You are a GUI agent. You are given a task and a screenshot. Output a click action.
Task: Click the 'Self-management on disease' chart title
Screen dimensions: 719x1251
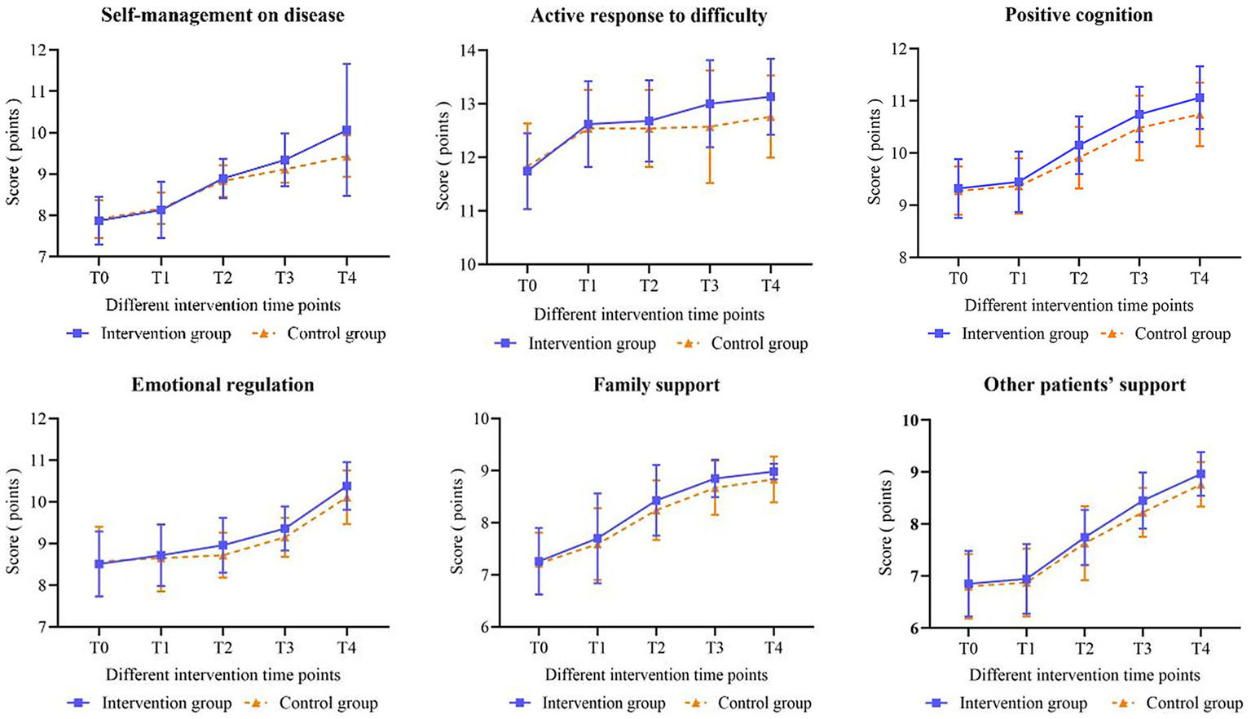[x=222, y=15]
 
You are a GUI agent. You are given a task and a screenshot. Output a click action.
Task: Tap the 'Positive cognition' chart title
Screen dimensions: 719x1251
[x=1078, y=15]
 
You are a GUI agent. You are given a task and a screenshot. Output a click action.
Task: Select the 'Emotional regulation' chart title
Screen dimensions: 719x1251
[x=222, y=385]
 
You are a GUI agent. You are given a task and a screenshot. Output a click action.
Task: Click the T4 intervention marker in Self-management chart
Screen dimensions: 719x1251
[x=346, y=130]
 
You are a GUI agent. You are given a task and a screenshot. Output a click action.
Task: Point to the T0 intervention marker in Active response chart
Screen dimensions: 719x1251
[x=527, y=170]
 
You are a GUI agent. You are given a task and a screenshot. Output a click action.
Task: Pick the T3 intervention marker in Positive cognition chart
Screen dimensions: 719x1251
[x=1139, y=115]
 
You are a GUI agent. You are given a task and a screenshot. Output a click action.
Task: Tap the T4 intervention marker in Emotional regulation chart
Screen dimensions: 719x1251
[x=346, y=486]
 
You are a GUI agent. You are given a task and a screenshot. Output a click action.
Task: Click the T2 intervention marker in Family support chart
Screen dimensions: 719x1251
[x=656, y=501]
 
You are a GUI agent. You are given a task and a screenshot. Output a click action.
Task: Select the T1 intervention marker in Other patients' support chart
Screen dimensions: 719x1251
[x=1027, y=579]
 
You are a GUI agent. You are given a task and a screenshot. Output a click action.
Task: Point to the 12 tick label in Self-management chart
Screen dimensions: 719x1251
[x=37, y=51]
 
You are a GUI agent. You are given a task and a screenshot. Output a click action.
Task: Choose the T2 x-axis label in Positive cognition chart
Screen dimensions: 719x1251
[x=1078, y=279]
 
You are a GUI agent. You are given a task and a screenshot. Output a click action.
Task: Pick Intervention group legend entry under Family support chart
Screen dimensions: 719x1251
[x=603, y=704]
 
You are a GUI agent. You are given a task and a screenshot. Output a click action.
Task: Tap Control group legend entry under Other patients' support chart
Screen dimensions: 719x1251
[x=1194, y=704]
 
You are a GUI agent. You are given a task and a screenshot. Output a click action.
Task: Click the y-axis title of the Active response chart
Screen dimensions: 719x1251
[x=443, y=155]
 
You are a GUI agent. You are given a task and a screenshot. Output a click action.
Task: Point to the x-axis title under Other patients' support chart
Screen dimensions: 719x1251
[x=1084, y=675]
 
